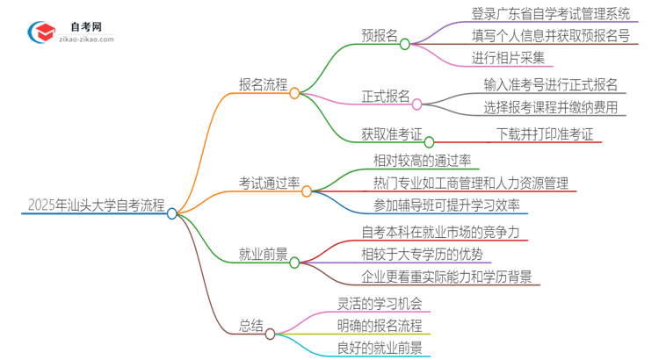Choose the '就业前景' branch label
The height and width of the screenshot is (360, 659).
[x=263, y=256]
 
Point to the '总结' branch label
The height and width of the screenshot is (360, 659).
[x=250, y=326]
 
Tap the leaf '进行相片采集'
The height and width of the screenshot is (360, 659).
[x=509, y=58]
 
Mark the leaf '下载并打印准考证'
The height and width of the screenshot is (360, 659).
[x=545, y=134]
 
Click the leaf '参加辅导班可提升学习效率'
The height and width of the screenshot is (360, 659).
[x=446, y=205]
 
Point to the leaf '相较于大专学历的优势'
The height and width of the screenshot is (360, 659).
[x=422, y=255]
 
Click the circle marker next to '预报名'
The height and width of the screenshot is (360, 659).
[x=404, y=43]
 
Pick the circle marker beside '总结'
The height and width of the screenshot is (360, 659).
[x=271, y=334]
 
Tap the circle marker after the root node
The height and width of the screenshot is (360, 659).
[x=172, y=212]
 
